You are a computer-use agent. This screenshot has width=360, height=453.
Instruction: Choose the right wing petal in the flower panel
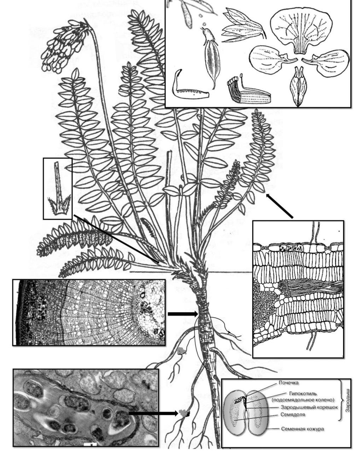pos(326,62)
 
